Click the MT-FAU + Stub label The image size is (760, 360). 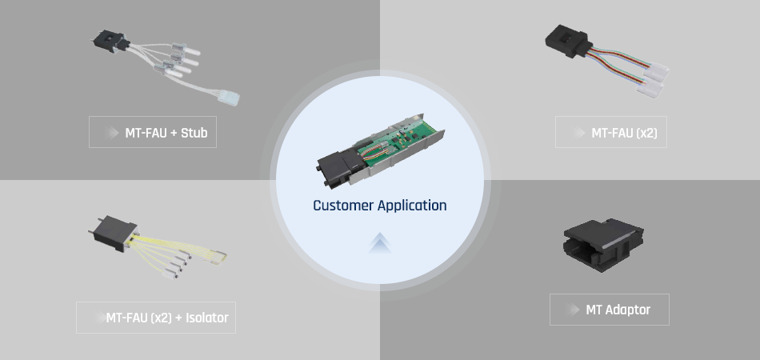153,133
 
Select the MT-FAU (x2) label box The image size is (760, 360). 611,133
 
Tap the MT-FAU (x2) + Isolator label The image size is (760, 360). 156,318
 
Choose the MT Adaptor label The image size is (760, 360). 609,310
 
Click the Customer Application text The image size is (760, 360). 379,206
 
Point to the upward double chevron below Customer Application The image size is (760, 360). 380,243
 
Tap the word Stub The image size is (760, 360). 194,133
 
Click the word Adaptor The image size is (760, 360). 628,310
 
